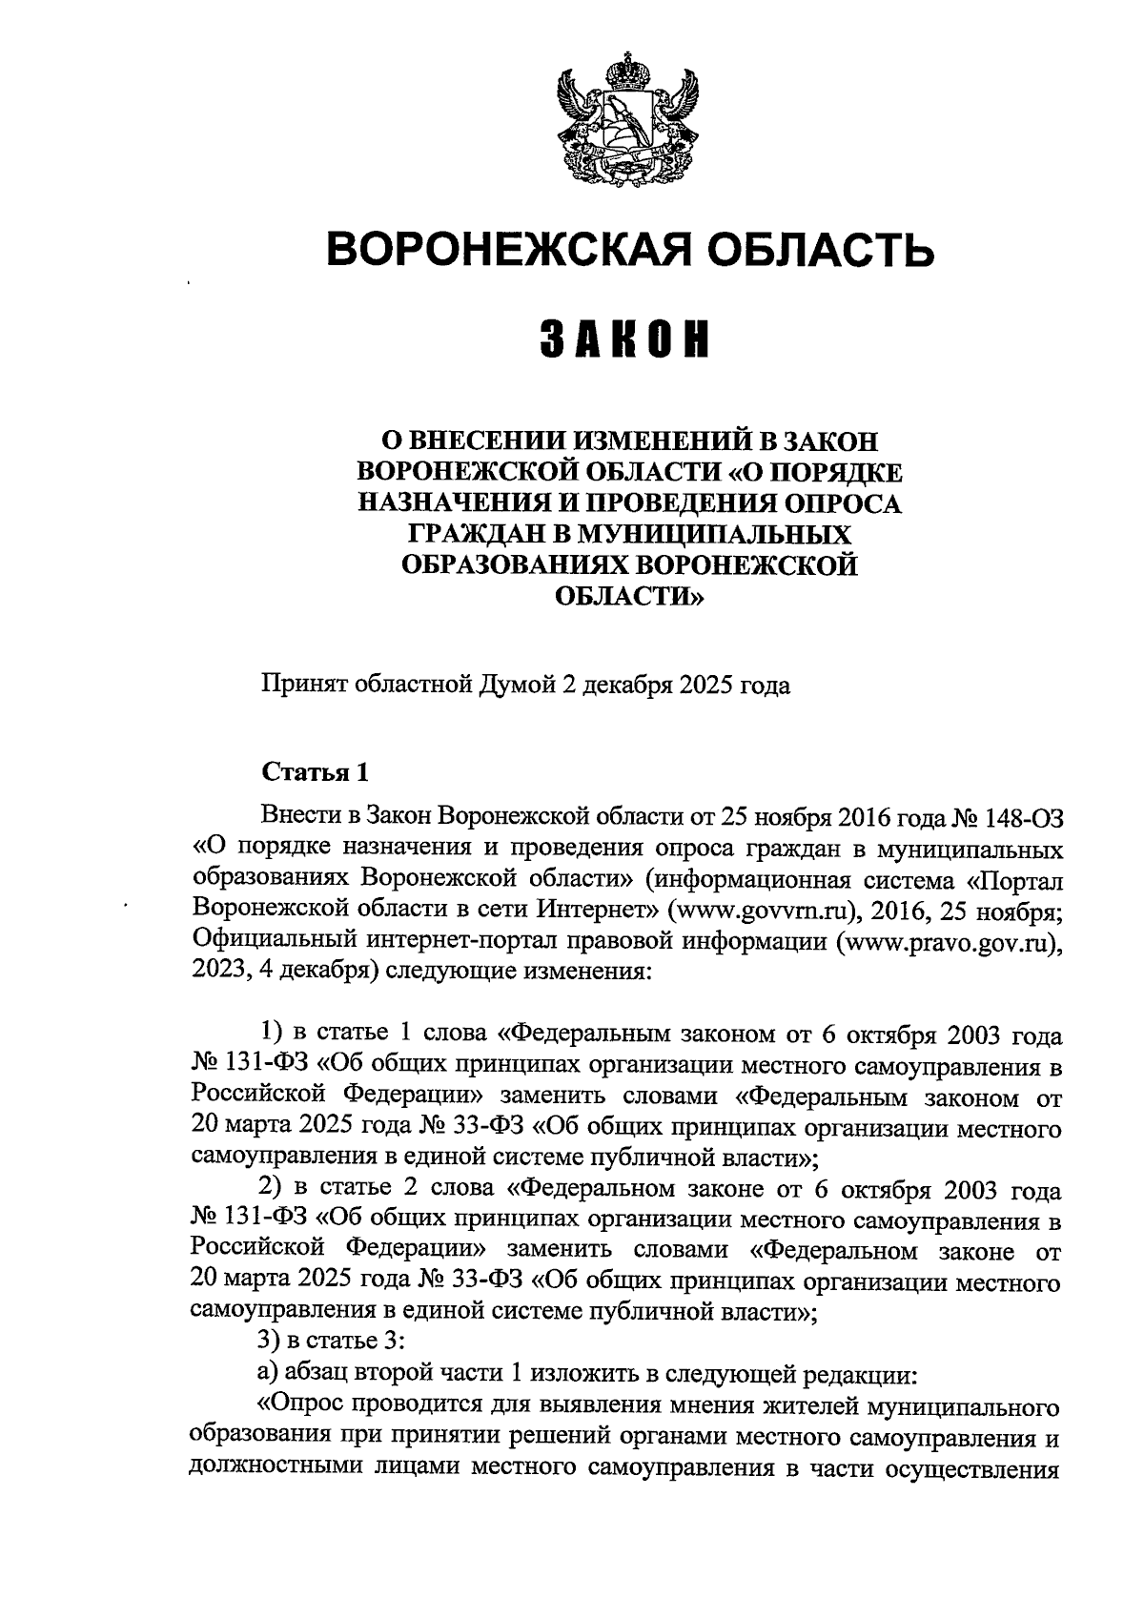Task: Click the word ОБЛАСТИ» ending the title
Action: click(x=628, y=597)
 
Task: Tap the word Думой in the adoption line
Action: click(x=524, y=685)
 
